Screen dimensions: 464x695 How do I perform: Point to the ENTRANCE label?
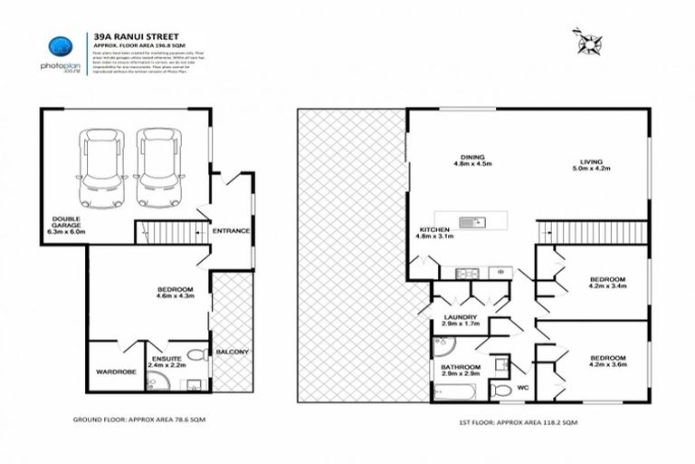click(231, 230)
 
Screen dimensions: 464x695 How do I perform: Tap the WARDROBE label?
click(115, 371)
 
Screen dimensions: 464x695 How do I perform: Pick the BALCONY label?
click(232, 351)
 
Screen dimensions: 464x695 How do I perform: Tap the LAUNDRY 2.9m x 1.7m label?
click(460, 319)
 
